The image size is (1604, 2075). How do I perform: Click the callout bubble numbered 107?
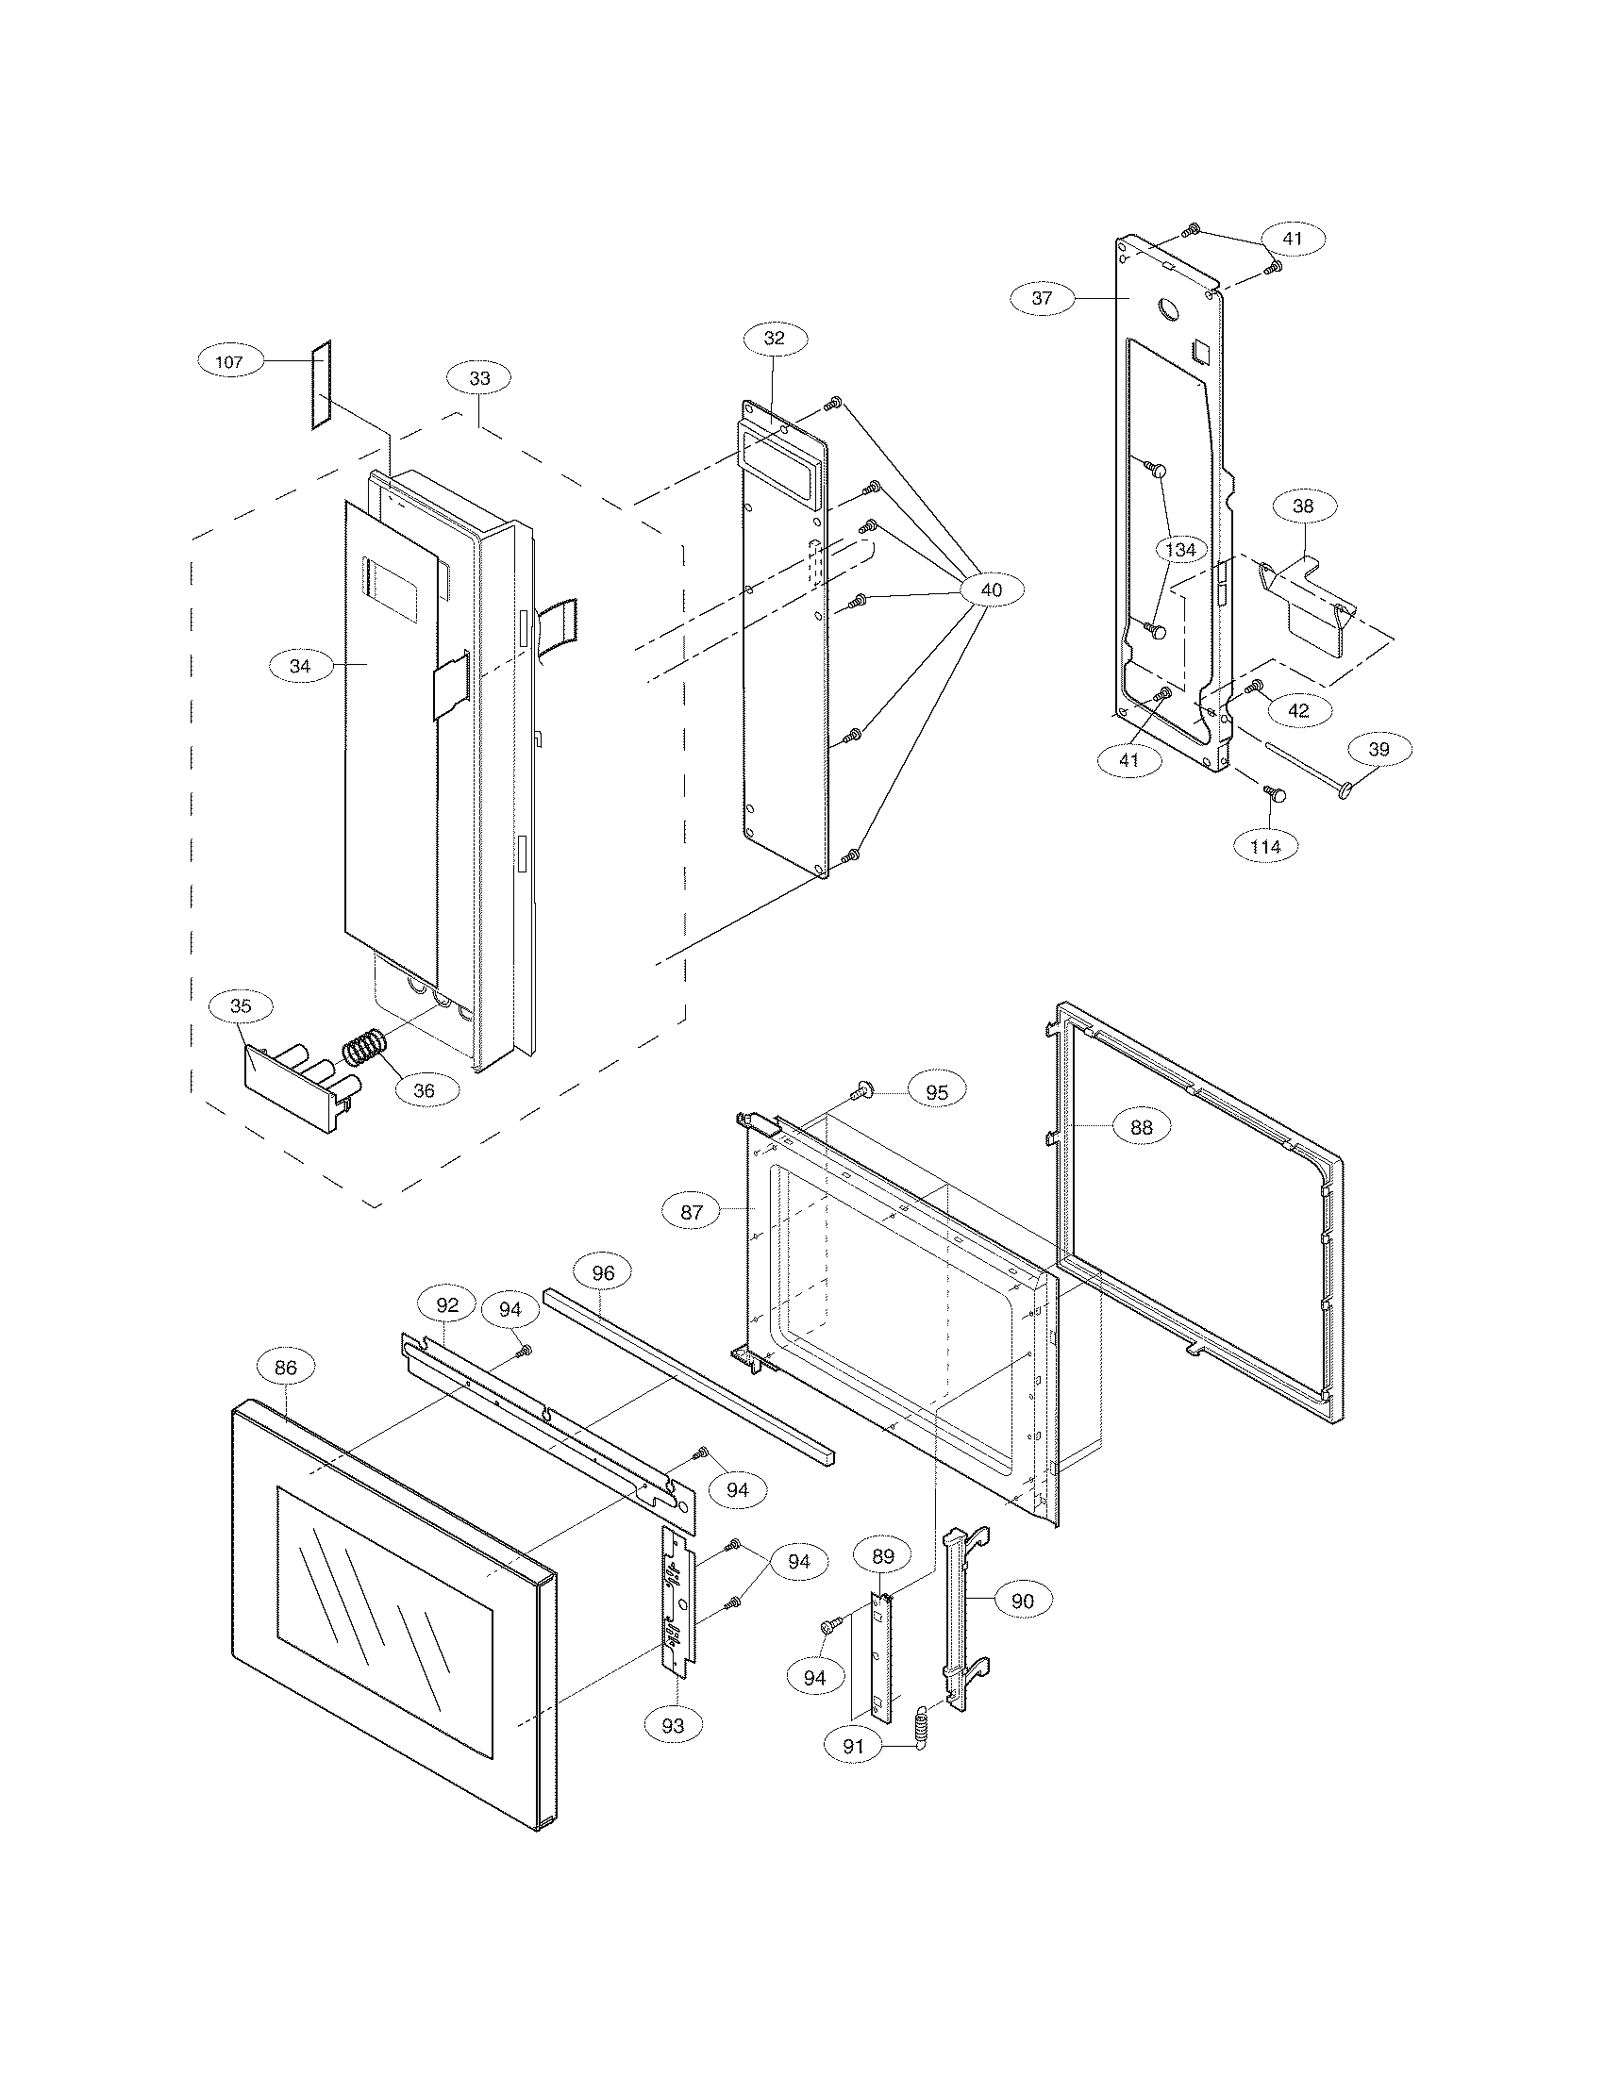click(229, 361)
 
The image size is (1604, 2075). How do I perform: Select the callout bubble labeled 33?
click(480, 378)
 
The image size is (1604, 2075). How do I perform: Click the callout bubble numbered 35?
click(242, 1006)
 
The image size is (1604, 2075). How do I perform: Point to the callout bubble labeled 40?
click(990, 590)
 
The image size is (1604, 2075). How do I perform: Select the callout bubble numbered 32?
click(775, 338)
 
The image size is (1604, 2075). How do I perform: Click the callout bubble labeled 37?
click(1042, 297)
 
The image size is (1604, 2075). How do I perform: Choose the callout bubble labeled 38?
click(1303, 506)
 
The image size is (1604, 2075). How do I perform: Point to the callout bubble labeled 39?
click(1378, 750)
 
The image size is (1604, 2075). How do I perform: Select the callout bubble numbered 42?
click(1298, 709)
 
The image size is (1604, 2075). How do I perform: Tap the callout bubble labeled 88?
click(1141, 1127)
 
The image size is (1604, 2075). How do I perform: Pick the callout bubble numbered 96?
click(603, 1273)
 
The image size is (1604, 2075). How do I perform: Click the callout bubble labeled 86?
click(285, 1368)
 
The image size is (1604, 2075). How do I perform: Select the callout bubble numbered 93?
click(673, 1726)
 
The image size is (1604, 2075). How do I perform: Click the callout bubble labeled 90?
click(1022, 1602)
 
